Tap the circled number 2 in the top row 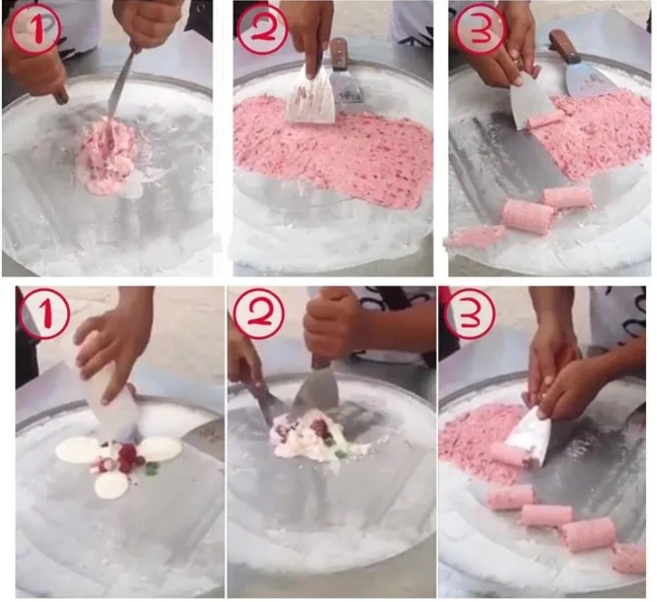[x=263, y=29]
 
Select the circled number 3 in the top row [x=480, y=29]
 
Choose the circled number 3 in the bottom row [x=470, y=313]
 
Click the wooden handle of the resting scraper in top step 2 [x=338, y=54]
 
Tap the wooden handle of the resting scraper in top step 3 [x=564, y=47]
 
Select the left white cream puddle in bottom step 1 [x=77, y=450]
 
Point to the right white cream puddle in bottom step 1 [x=161, y=448]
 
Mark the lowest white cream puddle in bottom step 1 [x=112, y=484]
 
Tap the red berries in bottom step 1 [x=128, y=456]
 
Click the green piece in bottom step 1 [x=150, y=470]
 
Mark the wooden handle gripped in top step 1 [x=61, y=94]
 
